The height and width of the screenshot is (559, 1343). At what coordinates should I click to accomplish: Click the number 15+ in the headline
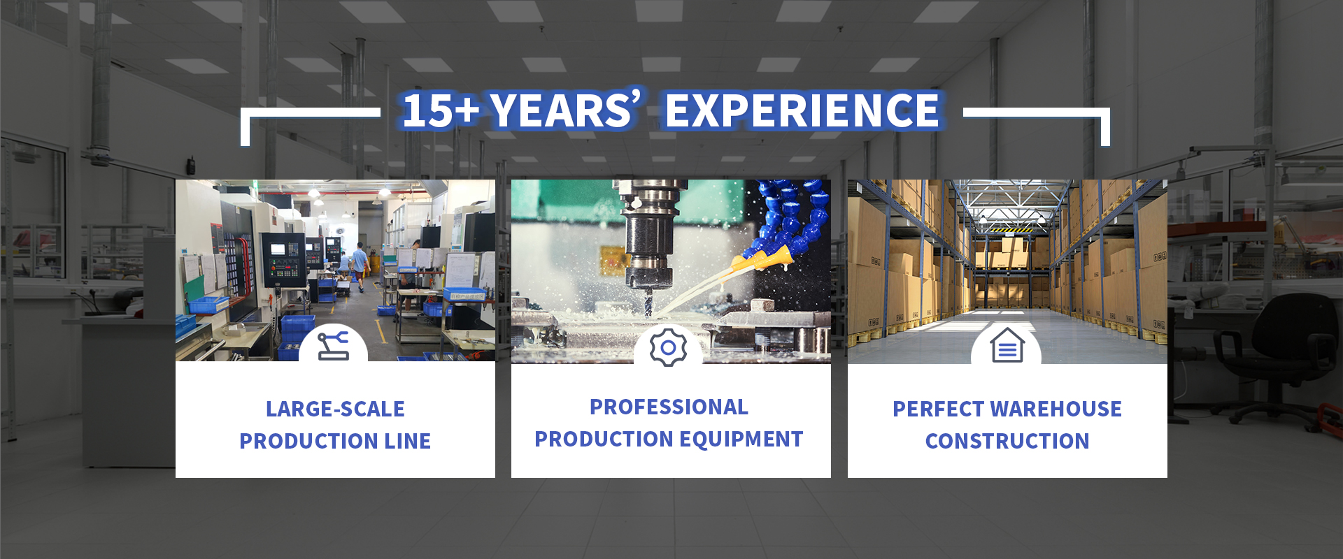click(441, 110)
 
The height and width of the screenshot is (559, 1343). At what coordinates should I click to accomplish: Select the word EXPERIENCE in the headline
click(802, 110)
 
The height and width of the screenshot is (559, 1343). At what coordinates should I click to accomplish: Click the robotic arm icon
click(333, 345)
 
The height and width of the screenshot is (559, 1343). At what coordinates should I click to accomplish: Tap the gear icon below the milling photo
click(668, 347)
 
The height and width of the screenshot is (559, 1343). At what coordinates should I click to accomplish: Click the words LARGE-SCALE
click(335, 409)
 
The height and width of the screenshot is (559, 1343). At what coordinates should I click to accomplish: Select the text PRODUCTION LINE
click(335, 441)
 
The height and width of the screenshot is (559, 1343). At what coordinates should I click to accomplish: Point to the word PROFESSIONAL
click(669, 407)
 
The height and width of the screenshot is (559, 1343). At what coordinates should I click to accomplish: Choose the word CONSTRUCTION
click(1007, 441)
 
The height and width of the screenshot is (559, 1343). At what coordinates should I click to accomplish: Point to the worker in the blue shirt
click(360, 266)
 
